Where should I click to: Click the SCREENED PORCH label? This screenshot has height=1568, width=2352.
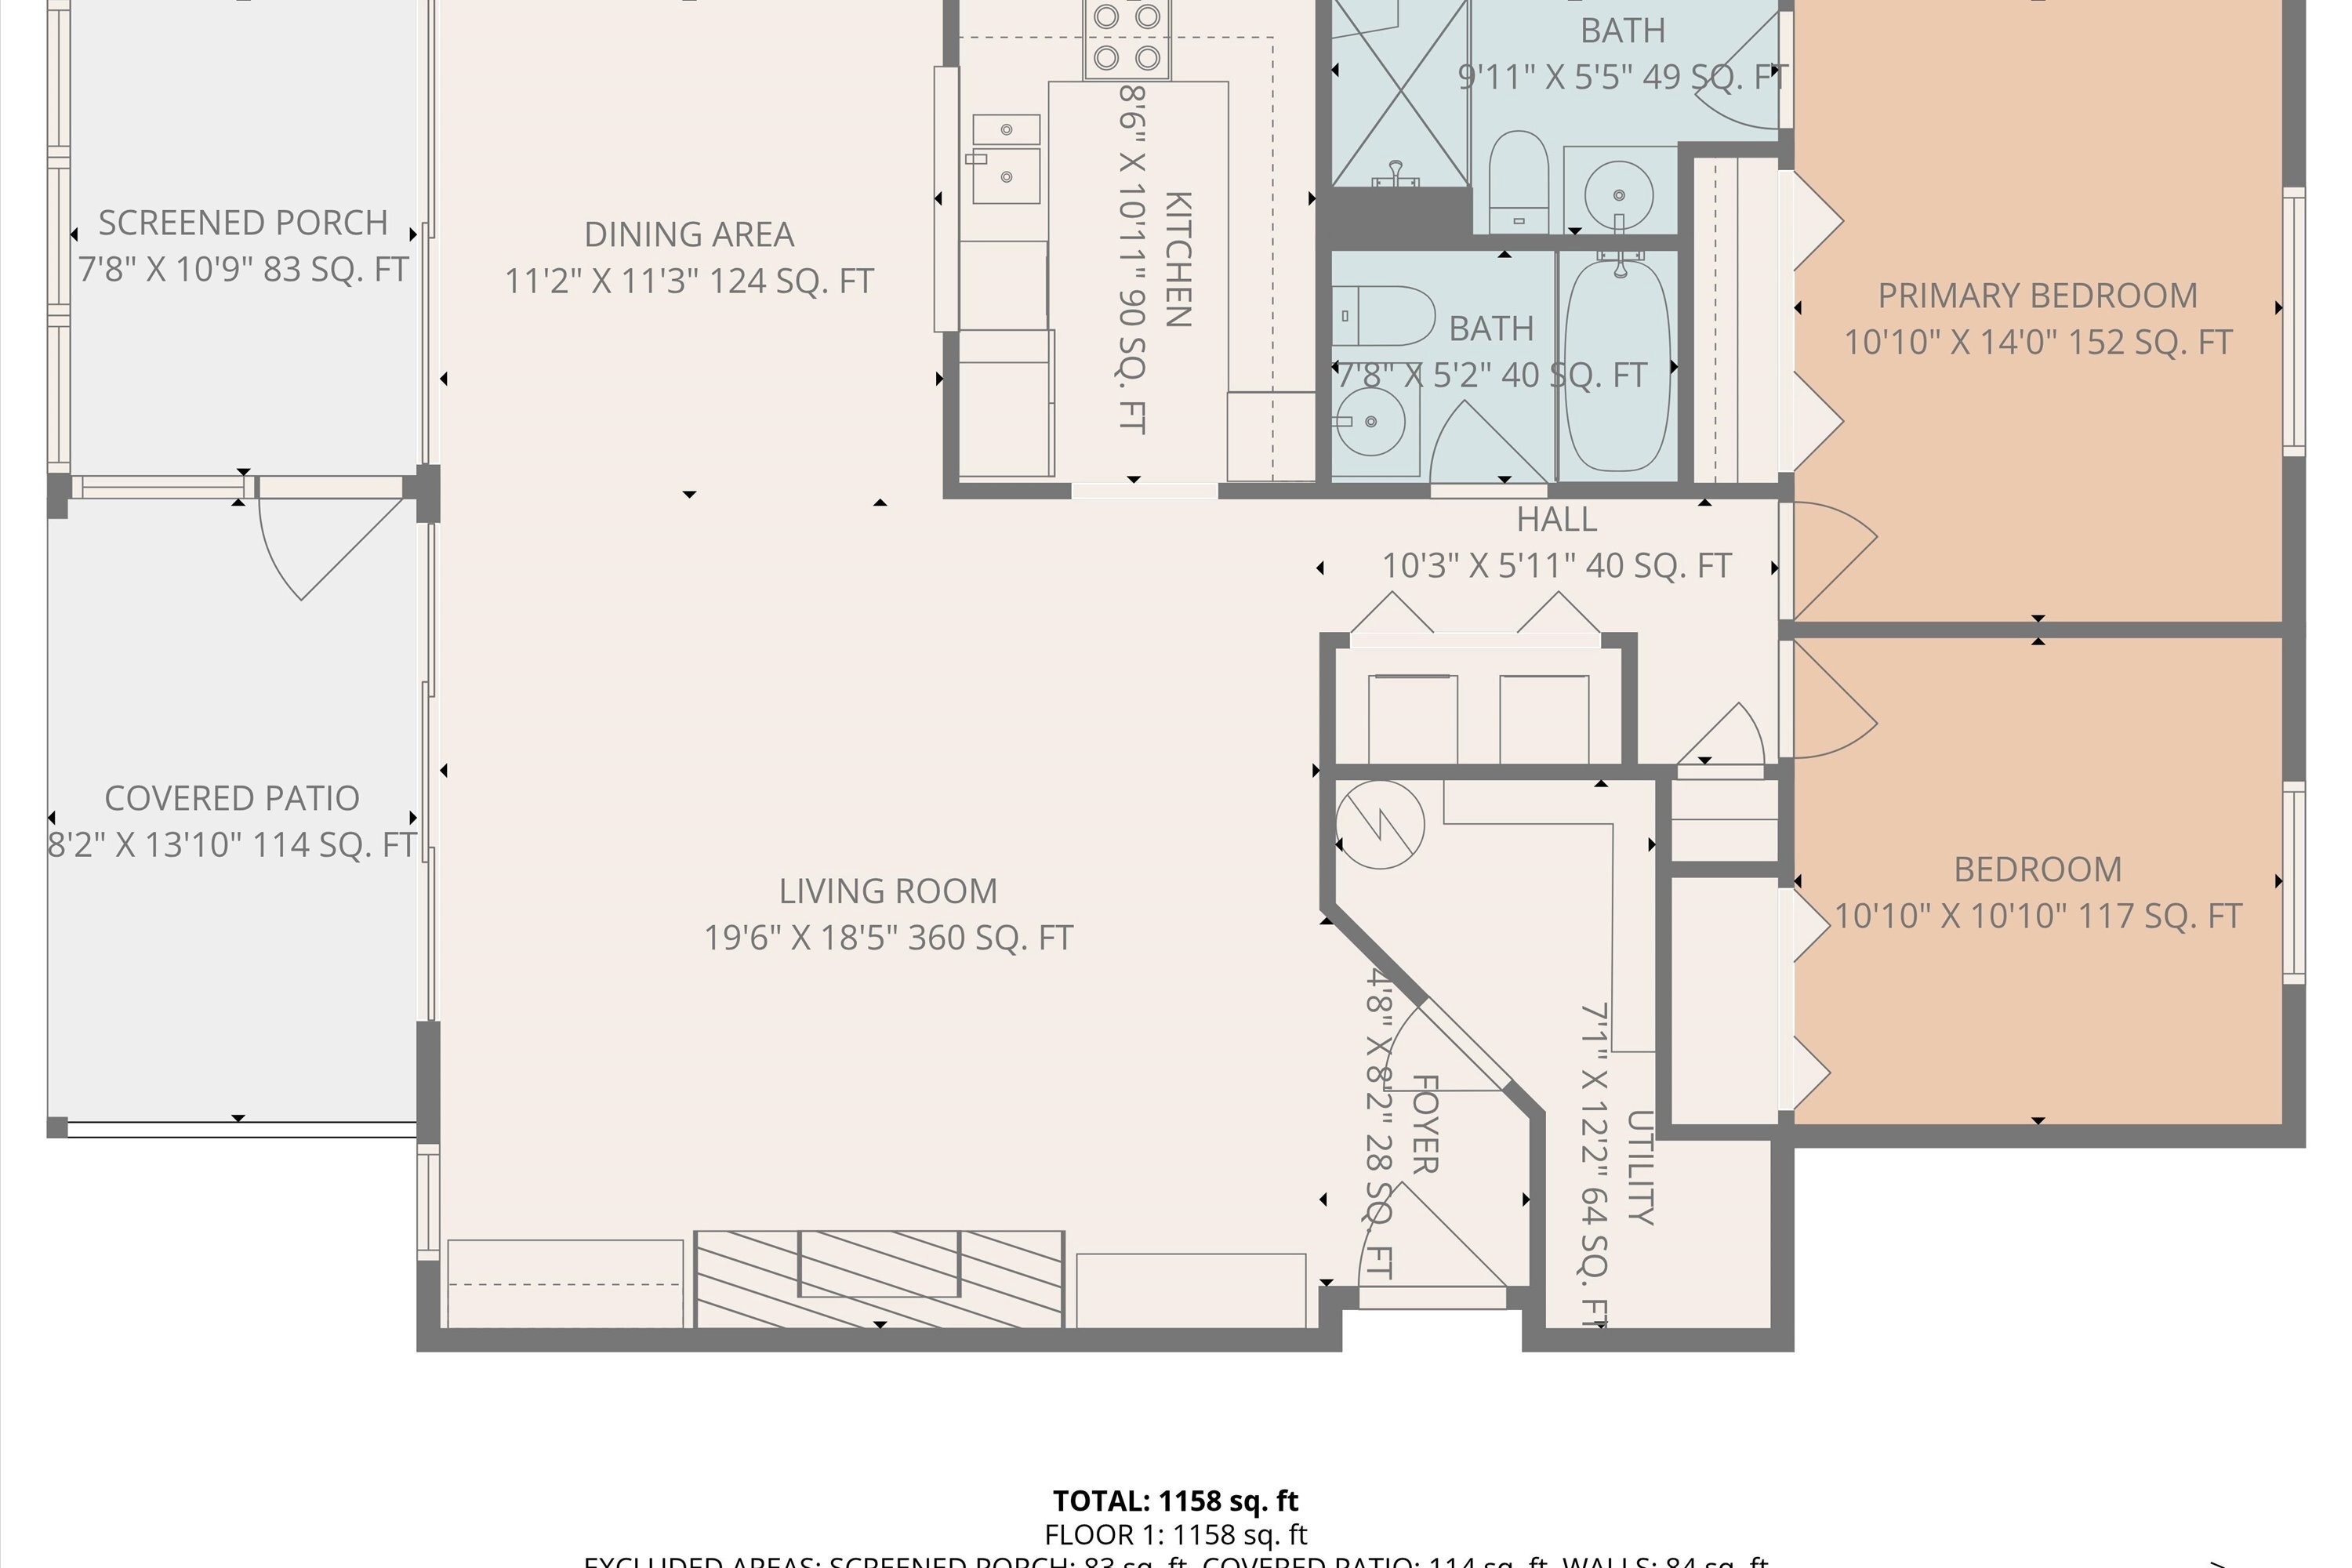pyautogui.click(x=243, y=223)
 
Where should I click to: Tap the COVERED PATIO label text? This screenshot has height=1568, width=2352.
pyautogui.click(x=232, y=799)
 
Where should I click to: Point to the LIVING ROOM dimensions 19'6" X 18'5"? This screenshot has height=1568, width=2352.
pyautogui.click(x=888, y=938)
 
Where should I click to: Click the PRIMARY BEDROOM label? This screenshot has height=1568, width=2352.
pyautogui.click(x=2037, y=296)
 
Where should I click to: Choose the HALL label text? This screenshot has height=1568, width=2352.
pyautogui.click(x=1556, y=520)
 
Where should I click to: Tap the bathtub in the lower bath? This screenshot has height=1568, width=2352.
pyautogui.click(x=1616, y=363)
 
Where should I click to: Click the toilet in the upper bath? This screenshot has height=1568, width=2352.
pyautogui.click(x=1518, y=180)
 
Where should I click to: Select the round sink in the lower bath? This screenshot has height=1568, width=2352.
pyautogui.click(x=1370, y=422)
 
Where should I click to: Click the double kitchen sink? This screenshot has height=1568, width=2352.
pyautogui.click(x=1005, y=160)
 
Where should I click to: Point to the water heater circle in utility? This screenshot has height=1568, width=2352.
pyautogui.click(x=1380, y=824)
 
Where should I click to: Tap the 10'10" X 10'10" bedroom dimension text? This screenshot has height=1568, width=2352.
pyautogui.click(x=2037, y=916)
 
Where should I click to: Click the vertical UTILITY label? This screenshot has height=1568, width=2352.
pyautogui.click(x=1640, y=1167)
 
